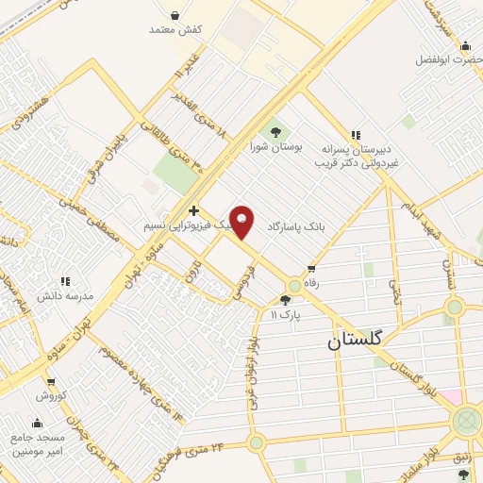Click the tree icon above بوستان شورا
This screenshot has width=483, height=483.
275,132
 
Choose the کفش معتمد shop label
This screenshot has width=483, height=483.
176,29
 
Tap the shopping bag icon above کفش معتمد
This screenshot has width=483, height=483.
176,13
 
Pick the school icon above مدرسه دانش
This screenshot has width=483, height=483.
65,280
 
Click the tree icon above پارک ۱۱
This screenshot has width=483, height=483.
285,300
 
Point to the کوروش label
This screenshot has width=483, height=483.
49,395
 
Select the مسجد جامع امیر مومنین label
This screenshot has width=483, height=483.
39,444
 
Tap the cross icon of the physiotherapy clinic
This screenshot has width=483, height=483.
193,210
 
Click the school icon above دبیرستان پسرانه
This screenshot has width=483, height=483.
356,136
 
